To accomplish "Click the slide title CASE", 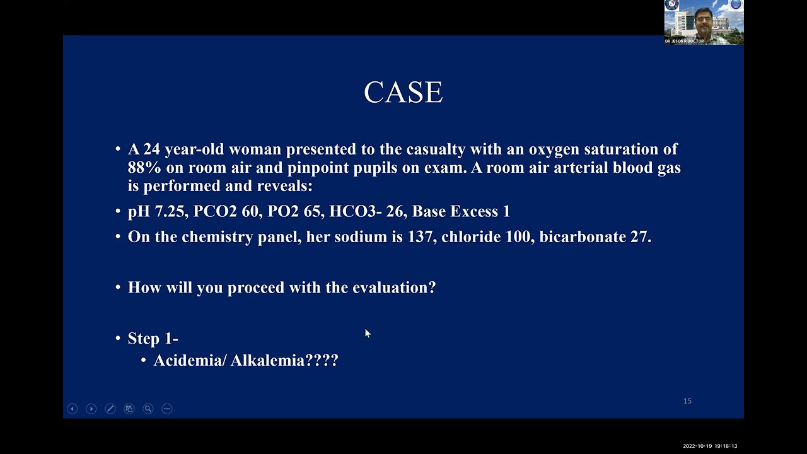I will (x=403, y=93).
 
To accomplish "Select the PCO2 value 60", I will (x=250, y=212).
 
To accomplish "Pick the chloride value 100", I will (x=517, y=237).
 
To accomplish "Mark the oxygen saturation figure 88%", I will (x=144, y=168).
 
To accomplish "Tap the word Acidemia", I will (x=187, y=361).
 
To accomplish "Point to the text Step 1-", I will (x=153, y=339).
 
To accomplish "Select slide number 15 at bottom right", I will (x=687, y=401).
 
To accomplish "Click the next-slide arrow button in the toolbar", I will (x=91, y=409).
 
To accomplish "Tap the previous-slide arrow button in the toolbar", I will (x=73, y=409).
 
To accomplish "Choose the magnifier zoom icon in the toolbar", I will (x=148, y=409).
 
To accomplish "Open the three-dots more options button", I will (x=167, y=409).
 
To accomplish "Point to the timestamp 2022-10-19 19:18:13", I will (x=710, y=446).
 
